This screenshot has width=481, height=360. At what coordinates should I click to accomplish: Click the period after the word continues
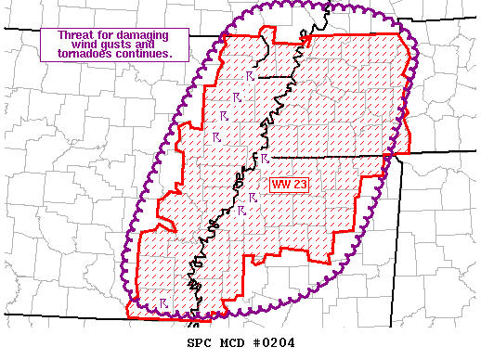point(170,56)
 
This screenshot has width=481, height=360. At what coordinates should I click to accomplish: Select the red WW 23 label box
point(289,185)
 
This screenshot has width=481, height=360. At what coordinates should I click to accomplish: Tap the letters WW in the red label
point(280,185)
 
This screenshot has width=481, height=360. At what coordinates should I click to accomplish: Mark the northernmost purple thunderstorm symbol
point(249,75)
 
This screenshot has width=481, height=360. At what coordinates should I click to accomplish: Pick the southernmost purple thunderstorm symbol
point(162,302)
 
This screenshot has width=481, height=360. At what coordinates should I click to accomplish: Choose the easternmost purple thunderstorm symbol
point(264,159)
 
